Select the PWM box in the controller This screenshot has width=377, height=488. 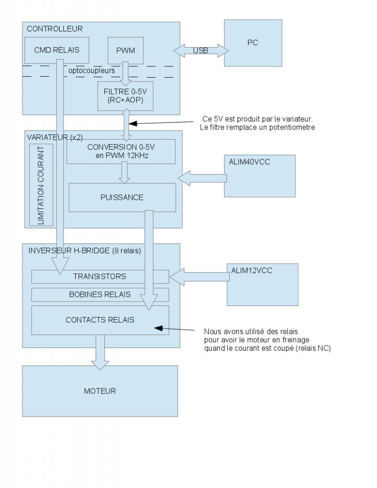tap(125, 50)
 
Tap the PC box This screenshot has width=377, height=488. tap(252, 43)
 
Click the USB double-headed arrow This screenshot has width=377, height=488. tap(201, 51)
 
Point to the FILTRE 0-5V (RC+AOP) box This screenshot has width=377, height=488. tap(125, 96)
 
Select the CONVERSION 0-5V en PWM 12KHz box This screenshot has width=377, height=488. tap(121, 151)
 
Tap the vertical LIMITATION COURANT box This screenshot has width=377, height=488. tap(40, 184)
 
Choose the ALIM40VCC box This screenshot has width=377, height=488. tap(259, 175)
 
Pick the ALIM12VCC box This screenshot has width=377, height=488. tap(262, 284)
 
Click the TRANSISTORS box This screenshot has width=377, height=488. tap(100, 276)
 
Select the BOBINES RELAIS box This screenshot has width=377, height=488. tap(100, 295)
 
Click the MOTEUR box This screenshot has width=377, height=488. tap(100, 391)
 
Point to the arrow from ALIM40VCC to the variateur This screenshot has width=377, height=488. tap(203, 178)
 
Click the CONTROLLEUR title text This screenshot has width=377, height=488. tap(54, 29)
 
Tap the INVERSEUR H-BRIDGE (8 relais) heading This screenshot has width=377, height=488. tap(84, 251)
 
